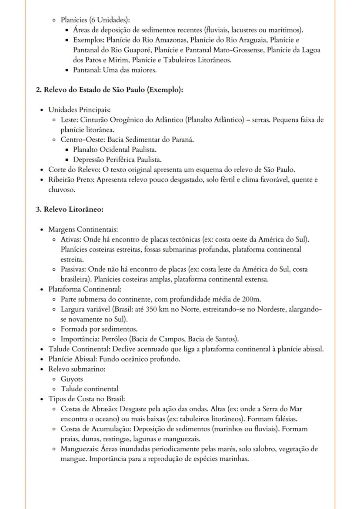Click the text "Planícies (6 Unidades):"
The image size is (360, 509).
[x=95, y=20]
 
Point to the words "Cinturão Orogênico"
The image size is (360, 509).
[x=113, y=120]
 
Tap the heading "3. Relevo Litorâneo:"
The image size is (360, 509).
[x=69, y=210]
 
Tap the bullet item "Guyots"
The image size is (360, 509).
[x=72, y=379]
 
